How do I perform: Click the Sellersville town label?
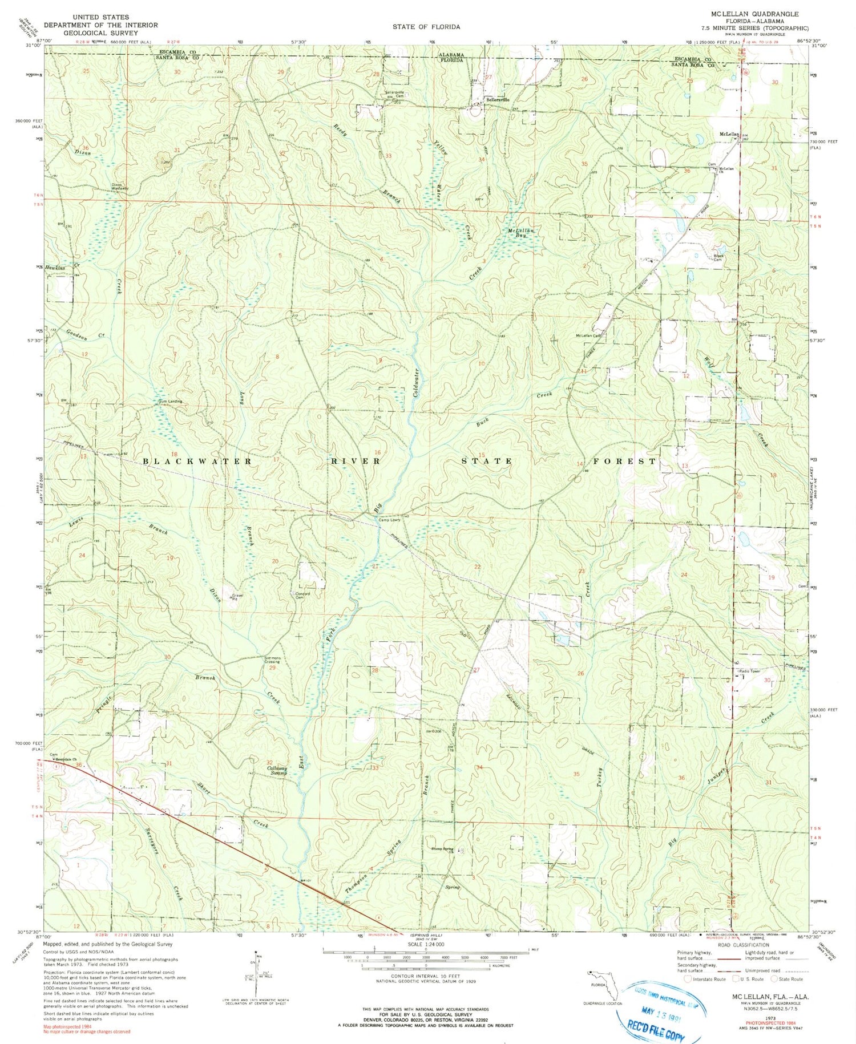click(497, 99)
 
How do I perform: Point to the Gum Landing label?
click(170, 402)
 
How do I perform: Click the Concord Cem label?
click(302, 596)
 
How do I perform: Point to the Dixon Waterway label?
click(120, 186)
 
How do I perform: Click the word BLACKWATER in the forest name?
click(197, 461)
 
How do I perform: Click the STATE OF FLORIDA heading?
click(426, 27)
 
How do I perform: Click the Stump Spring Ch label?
click(442, 849)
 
